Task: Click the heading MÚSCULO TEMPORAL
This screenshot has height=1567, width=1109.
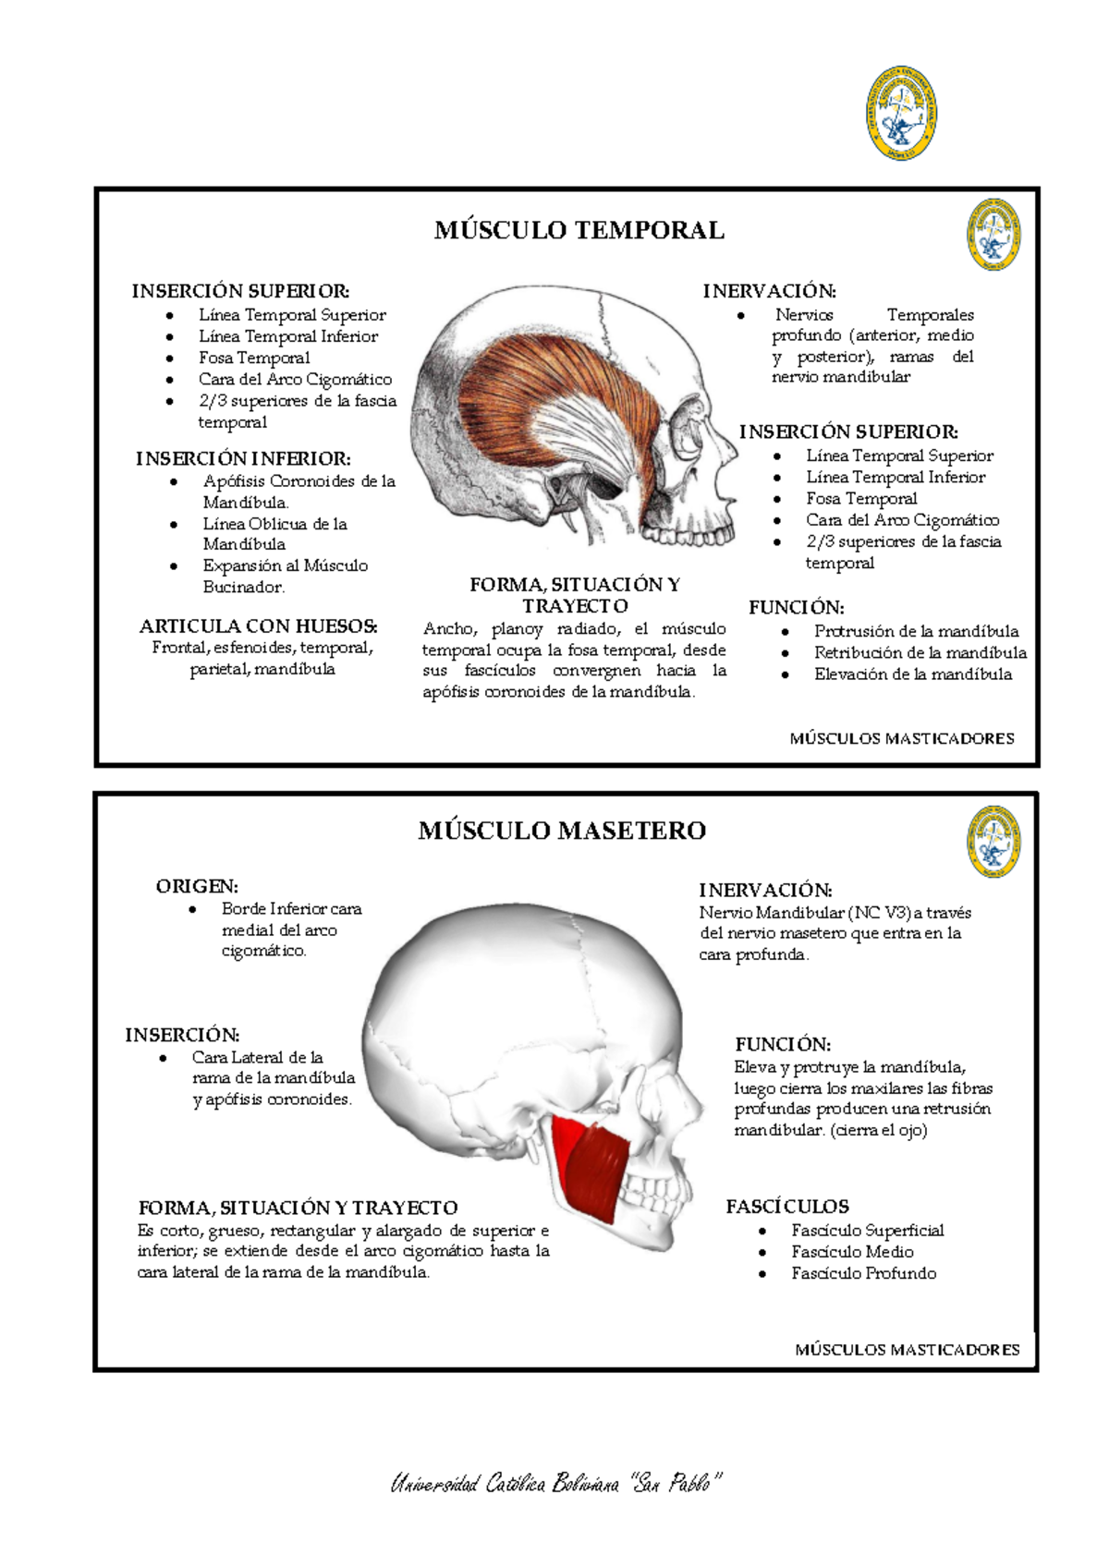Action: (x=579, y=230)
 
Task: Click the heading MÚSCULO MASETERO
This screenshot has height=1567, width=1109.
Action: (x=562, y=831)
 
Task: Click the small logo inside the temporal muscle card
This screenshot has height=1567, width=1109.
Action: (x=993, y=235)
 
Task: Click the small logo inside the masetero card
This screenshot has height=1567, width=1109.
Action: (x=993, y=842)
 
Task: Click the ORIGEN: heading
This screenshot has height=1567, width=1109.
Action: (x=197, y=886)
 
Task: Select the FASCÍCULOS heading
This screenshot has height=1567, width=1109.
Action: (x=787, y=1207)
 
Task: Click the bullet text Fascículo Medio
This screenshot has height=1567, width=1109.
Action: (x=852, y=1252)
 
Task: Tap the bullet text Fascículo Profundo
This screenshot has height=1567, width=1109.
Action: (x=863, y=1273)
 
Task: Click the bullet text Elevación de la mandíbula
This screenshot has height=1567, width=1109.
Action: (x=913, y=674)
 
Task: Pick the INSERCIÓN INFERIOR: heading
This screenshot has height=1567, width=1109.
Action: (x=243, y=458)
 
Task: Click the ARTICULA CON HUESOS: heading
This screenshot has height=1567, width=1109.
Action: (x=259, y=626)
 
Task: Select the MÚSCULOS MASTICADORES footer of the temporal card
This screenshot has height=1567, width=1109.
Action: (x=902, y=738)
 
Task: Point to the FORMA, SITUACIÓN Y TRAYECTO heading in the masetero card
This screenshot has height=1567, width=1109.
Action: (x=298, y=1208)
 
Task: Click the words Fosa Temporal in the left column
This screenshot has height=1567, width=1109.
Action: (x=254, y=358)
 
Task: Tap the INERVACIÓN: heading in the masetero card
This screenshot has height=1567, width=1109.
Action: (x=765, y=890)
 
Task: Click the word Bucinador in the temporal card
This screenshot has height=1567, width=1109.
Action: (x=243, y=587)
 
